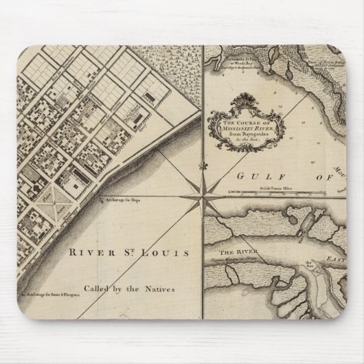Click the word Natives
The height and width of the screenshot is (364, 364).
(x=159, y=289)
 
